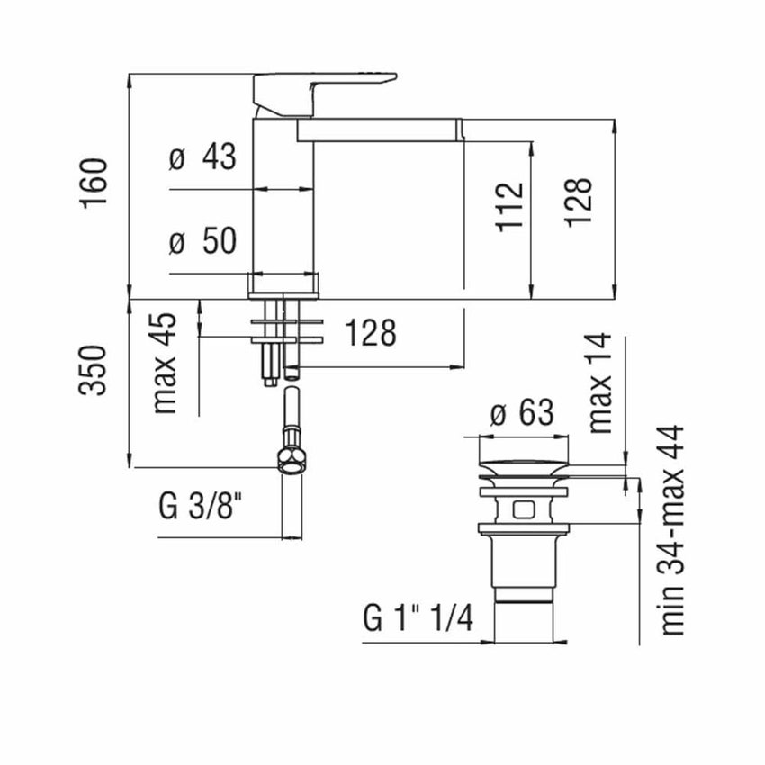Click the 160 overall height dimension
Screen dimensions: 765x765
coord(94,183)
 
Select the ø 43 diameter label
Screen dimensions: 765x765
coord(202,158)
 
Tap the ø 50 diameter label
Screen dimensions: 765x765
coord(202,241)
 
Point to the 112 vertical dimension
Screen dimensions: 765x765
coord(509,207)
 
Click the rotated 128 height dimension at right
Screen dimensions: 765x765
coord(580,202)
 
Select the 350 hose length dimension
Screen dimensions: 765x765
coord(94,369)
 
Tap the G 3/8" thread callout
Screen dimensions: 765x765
coord(201,508)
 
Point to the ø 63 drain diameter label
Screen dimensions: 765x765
coord(523,415)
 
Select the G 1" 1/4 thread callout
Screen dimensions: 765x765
coord(418,618)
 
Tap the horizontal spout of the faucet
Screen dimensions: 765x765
coord(378,131)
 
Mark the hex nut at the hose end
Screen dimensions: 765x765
coord(292,458)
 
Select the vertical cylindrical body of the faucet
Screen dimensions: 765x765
coord(283,198)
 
